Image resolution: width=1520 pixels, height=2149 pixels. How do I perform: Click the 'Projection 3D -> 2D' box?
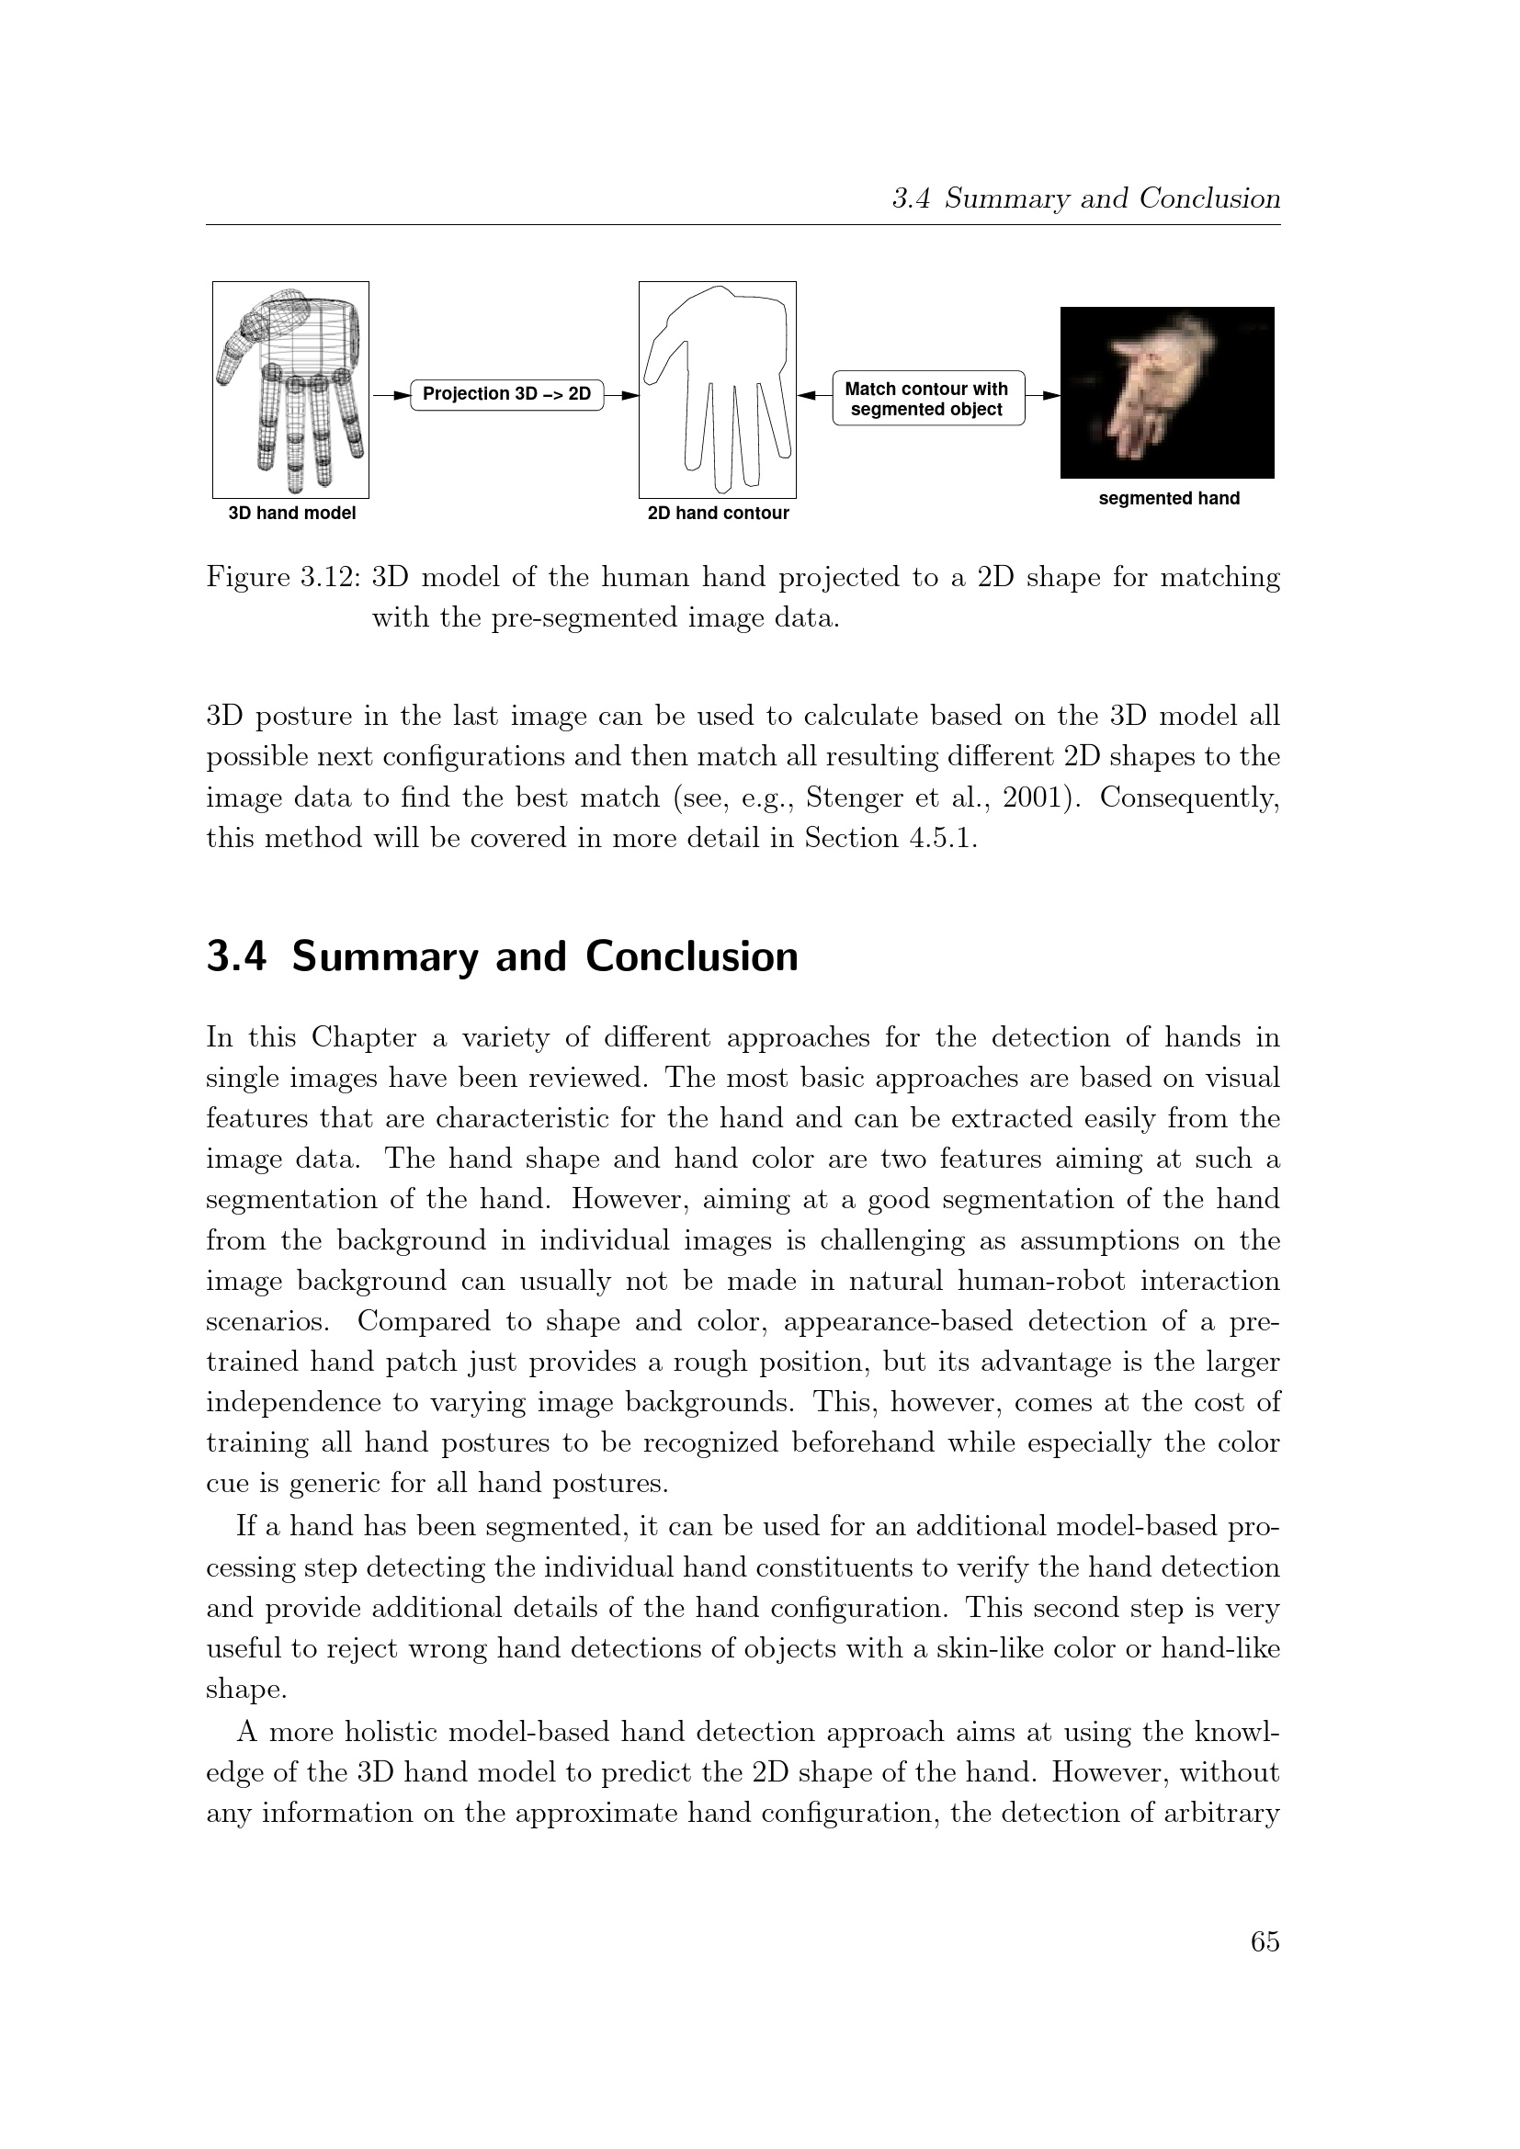coord(506,394)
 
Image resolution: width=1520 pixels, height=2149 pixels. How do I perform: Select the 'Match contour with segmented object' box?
coord(926,399)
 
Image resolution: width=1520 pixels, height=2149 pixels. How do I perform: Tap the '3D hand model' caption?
coord(292,513)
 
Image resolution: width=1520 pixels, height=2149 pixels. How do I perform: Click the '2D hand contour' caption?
coord(718,513)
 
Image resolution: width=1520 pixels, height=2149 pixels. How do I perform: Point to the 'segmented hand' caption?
coord(1168,498)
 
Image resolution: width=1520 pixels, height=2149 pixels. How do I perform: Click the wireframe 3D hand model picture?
coord(291,390)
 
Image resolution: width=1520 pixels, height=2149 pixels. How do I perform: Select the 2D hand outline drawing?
coord(718,390)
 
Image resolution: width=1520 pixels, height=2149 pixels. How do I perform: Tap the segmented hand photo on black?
coord(1167,392)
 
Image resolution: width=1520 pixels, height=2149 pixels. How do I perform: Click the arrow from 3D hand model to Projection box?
coord(391,395)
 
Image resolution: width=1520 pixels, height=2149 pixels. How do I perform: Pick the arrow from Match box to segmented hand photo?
coord(1043,395)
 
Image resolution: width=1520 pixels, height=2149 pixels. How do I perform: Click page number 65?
coord(1265,1942)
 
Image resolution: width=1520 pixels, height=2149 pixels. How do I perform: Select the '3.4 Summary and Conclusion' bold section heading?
coord(502,956)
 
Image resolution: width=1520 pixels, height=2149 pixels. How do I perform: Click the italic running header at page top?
coord(1085,198)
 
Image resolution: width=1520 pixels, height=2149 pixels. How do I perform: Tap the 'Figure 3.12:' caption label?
coord(284,578)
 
